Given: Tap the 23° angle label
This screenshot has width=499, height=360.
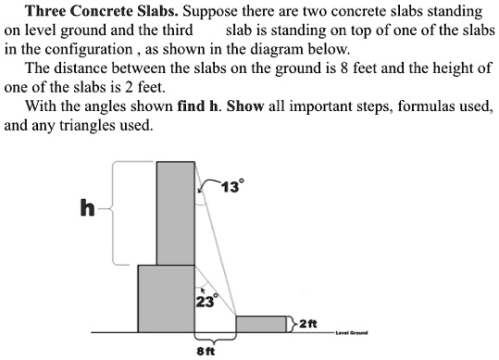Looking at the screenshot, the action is point(205,301).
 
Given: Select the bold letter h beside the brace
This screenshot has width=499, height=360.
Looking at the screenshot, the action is point(87,209).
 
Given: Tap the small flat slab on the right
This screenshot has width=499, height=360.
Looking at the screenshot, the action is point(262,324).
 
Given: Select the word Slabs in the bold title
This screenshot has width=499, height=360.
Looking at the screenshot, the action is point(157,13).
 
